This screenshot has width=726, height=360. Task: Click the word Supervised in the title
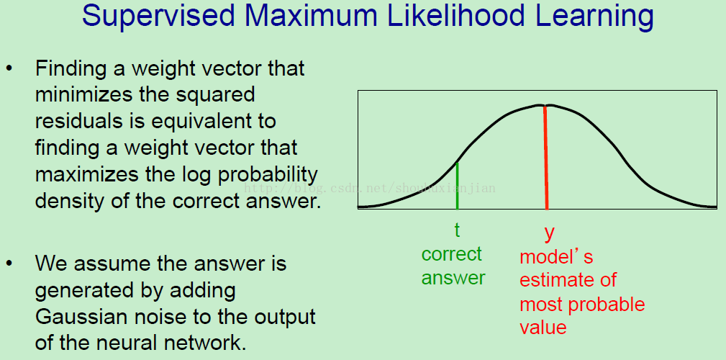tap(159, 17)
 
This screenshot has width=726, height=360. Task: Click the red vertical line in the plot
tap(546, 158)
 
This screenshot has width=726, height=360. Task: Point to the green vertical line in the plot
tap(457, 186)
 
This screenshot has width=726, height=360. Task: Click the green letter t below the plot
tap(457, 230)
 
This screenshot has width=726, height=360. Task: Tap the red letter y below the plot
tap(549, 233)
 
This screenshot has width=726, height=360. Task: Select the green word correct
tap(451, 254)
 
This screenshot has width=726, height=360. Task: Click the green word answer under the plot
tap(453, 278)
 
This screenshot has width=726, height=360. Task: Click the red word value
tap(543, 328)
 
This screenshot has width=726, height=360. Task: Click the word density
tap(64, 202)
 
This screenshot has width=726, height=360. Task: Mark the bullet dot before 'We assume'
tap(9, 264)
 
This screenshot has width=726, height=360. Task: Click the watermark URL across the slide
tap(370, 188)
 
